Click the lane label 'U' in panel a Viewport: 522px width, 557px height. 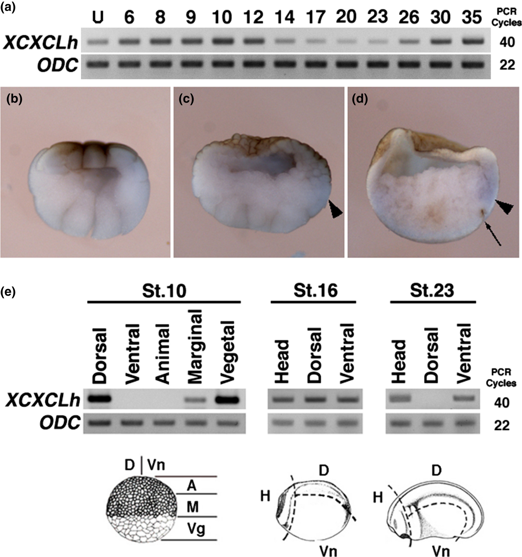tap(98, 17)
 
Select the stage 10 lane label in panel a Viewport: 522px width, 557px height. tap(222, 17)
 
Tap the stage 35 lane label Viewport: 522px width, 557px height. tap(472, 17)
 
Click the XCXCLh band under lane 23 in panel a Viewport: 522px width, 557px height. tap(378, 42)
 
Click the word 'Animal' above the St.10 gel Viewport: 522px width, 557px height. tap(163, 354)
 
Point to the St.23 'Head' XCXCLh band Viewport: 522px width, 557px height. tap(399, 398)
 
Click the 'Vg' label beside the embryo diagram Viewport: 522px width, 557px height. tap(196, 529)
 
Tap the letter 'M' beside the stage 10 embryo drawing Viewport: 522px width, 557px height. tap(193, 506)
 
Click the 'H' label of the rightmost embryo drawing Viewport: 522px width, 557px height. tap(378, 498)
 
